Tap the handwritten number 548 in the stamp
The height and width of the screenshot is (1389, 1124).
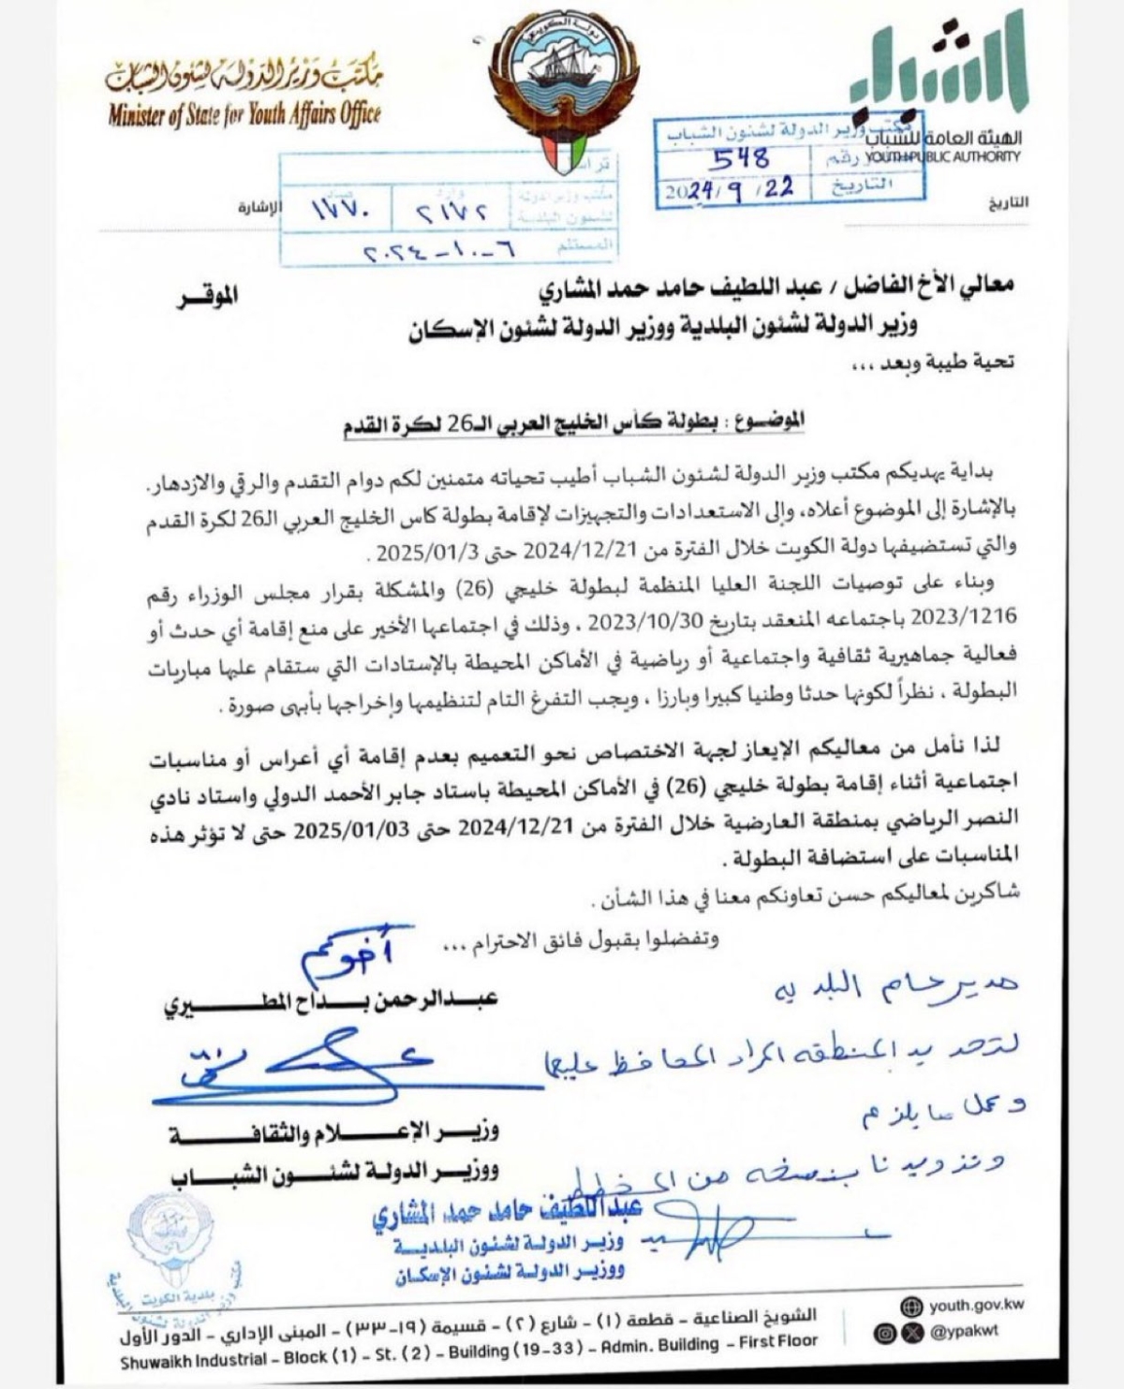coord(740,159)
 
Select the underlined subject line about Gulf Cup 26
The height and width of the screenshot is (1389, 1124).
coord(572,422)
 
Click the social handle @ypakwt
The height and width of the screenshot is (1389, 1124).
coord(964,1331)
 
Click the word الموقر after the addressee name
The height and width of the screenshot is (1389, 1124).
coord(207,297)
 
